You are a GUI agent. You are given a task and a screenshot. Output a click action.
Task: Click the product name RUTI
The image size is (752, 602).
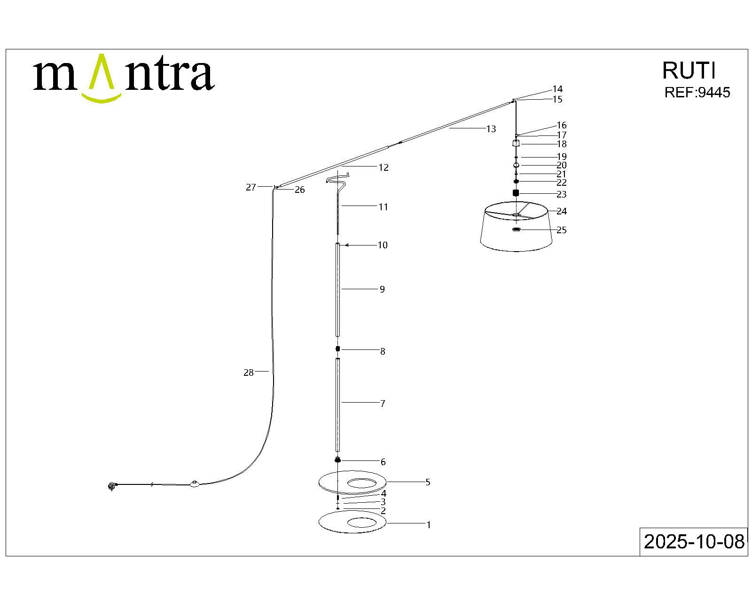coord(689,71)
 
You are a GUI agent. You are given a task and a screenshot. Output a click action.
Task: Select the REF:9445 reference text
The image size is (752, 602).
coord(697,92)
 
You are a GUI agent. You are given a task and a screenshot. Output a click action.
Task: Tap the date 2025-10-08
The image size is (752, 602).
coord(694,541)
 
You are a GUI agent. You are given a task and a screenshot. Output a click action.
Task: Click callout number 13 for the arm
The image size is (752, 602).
coord(491,129)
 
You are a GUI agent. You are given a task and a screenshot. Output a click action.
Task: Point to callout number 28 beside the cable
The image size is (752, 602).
coord(249,372)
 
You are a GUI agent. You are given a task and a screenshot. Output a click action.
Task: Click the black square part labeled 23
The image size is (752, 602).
coord(516,193)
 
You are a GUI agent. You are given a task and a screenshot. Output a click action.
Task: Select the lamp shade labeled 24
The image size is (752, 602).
coord(516,226)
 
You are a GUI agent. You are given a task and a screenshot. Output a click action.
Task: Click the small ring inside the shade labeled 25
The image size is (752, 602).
coord(516,230)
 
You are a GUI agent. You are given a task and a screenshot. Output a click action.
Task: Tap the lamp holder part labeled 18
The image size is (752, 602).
coord(516,143)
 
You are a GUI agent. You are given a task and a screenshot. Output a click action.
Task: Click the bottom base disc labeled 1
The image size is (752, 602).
coord(352,522)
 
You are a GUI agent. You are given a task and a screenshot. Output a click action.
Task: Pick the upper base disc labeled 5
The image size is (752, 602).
coord(352,483)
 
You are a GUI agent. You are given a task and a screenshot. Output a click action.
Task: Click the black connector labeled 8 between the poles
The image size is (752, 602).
coord(337,349)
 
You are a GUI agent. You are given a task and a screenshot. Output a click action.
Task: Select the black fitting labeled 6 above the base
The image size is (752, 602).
coord(337,459)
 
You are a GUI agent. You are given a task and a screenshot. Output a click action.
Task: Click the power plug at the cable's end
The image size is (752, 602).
coord(112,486)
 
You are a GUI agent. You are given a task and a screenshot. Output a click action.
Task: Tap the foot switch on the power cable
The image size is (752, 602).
coord(195,484)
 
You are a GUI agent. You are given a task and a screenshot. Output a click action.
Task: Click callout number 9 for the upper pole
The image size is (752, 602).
coord(382,289)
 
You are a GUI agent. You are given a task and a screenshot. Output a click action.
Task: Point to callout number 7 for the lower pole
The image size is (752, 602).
coord(383,404)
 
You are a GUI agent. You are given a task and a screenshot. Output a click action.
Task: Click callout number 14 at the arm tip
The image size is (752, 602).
coord(557,89)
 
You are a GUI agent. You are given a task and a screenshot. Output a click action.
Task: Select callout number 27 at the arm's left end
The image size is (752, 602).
coord(251,187)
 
